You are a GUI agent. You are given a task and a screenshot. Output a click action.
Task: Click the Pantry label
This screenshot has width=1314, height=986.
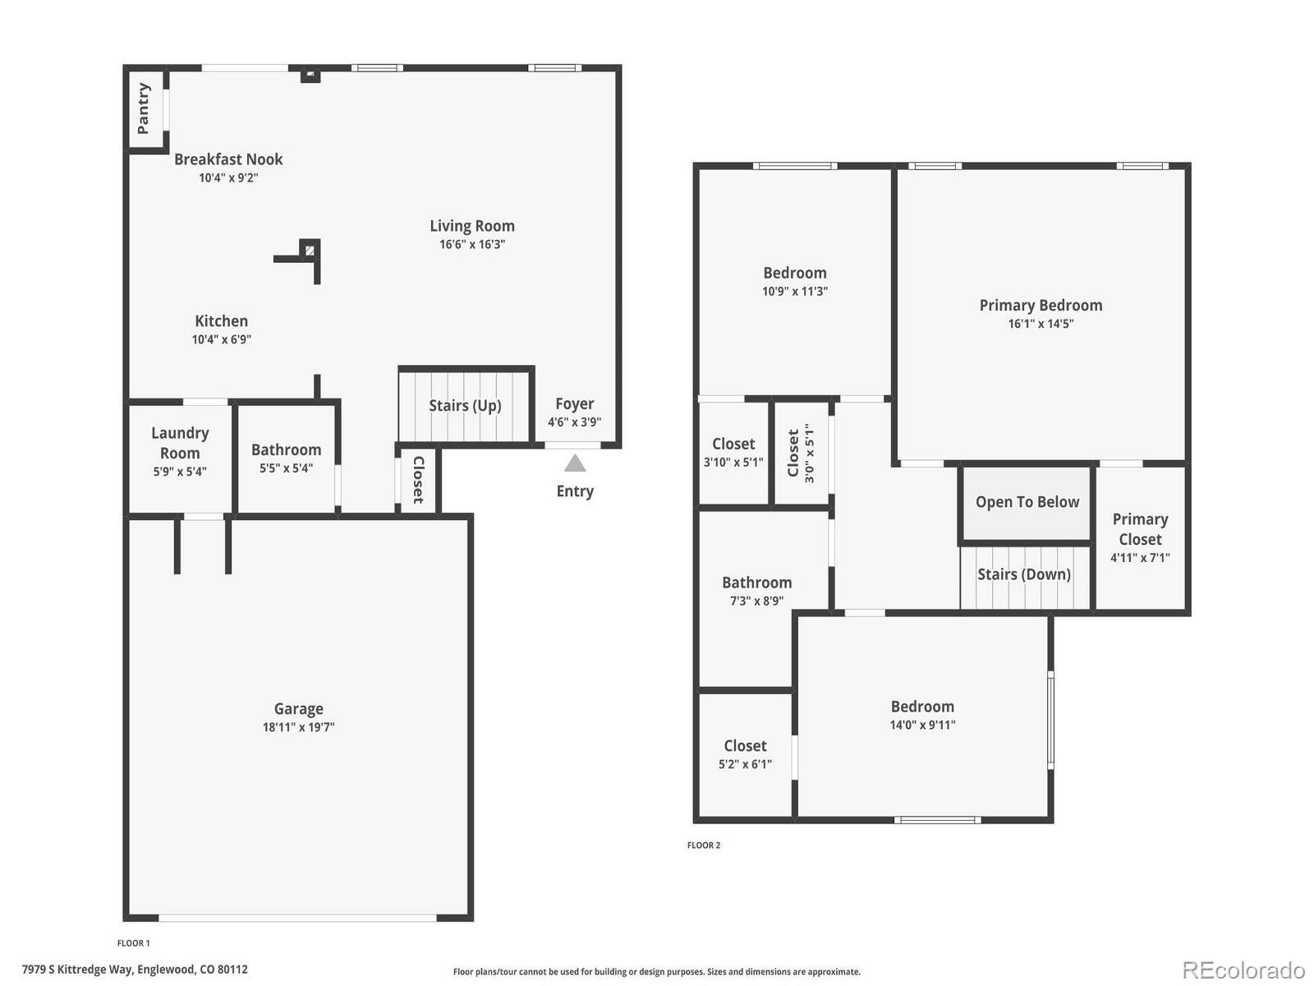click(x=144, y=108)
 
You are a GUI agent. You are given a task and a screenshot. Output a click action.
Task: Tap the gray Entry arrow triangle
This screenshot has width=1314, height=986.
click(x=575, y=464)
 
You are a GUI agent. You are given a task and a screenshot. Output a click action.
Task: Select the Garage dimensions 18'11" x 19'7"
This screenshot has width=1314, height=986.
click(x=298, y=727)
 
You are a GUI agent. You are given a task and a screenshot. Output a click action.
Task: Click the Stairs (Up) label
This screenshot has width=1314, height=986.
click(x=465, y=406)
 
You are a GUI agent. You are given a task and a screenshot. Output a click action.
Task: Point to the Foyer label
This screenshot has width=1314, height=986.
click(x=574, y=403)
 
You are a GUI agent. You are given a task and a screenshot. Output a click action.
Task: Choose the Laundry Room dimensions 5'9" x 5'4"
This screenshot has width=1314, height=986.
click(x=180, y=472)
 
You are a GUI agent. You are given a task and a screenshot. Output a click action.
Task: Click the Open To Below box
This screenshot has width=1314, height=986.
click(x=1027, y=503)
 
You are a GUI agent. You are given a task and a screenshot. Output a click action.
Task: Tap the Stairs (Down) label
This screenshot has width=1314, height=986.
click(x=1023, y=574)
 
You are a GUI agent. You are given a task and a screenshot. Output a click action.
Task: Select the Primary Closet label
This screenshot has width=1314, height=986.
click(x=1140, y=529)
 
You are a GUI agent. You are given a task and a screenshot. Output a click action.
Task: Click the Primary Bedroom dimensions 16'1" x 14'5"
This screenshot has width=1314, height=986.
click(x=1041, y=324)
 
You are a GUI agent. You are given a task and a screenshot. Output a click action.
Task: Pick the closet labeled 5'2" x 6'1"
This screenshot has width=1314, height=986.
click(x=745, y=754)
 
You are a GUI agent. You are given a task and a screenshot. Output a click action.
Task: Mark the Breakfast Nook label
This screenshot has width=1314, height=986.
click(x=228, y=159)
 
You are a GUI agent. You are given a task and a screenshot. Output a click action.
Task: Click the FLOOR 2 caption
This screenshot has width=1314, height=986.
click(x=704, y=845)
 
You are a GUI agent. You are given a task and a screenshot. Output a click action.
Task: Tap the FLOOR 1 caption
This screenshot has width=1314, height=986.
click(x=134, y=943)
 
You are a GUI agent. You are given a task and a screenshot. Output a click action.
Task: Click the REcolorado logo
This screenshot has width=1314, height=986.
click(x=1243, y=970)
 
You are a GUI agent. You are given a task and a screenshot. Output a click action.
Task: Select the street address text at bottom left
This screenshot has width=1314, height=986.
click(x=135, y=970)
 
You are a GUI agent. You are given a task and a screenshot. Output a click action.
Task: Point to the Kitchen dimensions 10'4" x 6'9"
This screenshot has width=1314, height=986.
click(x=222, y=339)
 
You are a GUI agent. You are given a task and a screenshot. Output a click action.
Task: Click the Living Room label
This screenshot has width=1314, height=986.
click(x=472, y=226)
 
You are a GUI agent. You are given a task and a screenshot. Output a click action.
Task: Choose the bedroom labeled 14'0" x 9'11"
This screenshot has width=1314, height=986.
click(x=922, y=715)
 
